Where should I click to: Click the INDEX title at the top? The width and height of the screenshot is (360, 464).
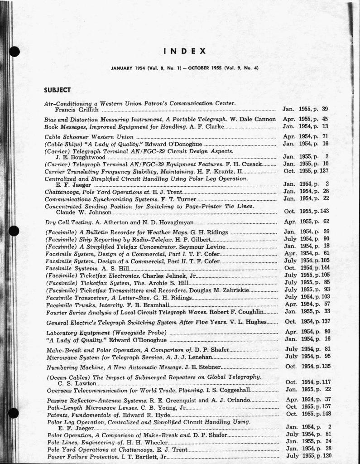184,51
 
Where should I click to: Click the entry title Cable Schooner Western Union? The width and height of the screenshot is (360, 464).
89,136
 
